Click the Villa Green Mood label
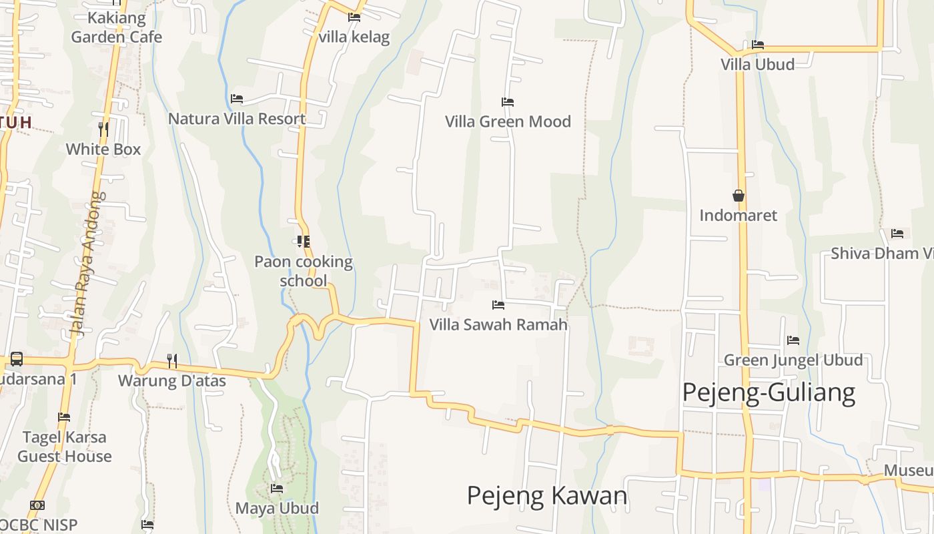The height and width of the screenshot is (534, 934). (x=508, y=121)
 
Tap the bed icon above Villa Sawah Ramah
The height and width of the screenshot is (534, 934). (x=498, y=305)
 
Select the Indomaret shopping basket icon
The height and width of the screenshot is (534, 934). (x=739, y=196)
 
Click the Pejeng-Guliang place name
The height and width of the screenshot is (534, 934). (x=769, y=392)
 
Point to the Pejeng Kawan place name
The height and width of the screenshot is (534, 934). (x=547, y=496)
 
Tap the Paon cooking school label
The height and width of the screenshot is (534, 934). (x=304, y=271)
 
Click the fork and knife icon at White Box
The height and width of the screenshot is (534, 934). (x=103, y=128)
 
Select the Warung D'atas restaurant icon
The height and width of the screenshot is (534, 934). (x=172, y=361)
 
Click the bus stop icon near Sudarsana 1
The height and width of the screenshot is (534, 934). (x=17, y=359)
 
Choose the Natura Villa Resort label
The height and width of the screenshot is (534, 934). (x=237, y=119)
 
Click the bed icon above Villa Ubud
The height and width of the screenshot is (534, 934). (x=758, y=45)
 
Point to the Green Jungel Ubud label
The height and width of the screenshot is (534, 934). (x=793, y=360)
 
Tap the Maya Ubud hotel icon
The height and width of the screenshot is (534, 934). (x=277, y=489)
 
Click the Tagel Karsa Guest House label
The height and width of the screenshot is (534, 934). (x=65, y=447)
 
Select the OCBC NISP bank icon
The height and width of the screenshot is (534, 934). (x=37, y=505)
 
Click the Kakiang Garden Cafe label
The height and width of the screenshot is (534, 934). (x=117, y=27)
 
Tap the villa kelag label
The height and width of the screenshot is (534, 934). (x=354, y=37)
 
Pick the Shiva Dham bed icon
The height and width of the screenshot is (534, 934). (x=897, y=234)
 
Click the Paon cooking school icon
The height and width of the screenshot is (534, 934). (x=304, y=241)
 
